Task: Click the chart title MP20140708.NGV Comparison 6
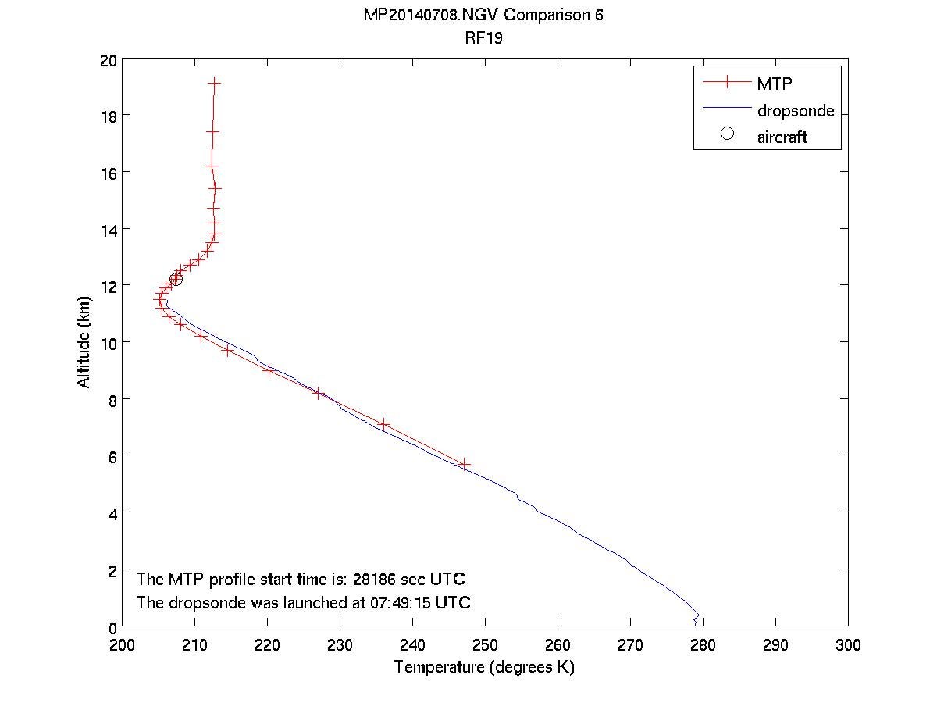(x=483, y=16)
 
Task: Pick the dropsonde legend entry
(x=795, y=110)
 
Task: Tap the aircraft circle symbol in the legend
(x=728, y=134)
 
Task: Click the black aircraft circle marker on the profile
(x=176, y=279)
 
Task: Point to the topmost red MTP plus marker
(x=214, y=82)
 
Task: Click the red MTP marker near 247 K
(x=465, y=464)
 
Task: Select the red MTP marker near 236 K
(x=383, y=424)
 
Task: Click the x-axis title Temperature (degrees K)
(x=484, y=667)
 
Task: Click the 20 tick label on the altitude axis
(x=108, y=59)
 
